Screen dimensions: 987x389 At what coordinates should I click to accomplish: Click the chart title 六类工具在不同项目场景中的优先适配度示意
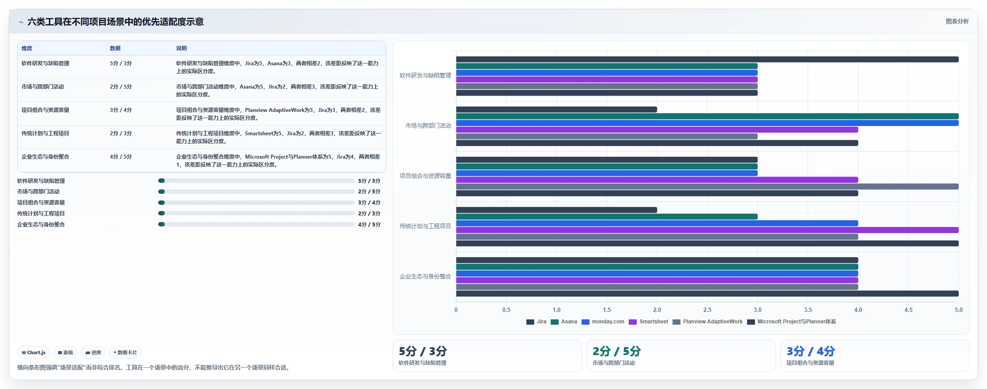(x=115, y=22)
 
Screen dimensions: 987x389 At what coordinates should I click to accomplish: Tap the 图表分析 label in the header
(x=957, y=21)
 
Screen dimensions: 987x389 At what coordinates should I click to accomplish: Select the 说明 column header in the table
(x=182, y=48)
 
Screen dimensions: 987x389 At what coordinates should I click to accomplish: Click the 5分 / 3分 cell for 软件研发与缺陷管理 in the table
(x=121, y=63)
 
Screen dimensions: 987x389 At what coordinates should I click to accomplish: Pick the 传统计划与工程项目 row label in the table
(x=45, y=133)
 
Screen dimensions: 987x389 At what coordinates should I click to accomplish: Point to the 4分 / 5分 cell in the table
(x=121, y=157)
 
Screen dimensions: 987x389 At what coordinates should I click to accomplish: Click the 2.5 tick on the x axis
(x=707, y=310)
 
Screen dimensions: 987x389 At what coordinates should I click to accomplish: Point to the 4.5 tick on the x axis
(x=908, y=310)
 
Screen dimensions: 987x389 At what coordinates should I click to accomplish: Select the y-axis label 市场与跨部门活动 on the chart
(x=428, y=126)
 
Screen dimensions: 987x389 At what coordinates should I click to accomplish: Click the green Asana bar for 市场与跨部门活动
(x=707, y=116)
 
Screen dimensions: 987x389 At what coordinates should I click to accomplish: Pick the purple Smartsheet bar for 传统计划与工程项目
(x=707, y=230)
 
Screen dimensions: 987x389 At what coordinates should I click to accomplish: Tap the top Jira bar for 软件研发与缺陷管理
(x=707, y=59)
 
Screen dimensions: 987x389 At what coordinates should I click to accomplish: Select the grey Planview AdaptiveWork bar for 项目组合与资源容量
(x=707, y=187)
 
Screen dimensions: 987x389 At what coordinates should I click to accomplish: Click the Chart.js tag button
(x=33, y=352)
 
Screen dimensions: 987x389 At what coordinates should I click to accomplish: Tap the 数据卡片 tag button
(x=125, y=352)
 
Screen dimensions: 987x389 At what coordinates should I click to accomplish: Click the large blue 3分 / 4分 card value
(x=811, y=352)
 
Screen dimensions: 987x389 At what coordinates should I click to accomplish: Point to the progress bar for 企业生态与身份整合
(x=256, y=225)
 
